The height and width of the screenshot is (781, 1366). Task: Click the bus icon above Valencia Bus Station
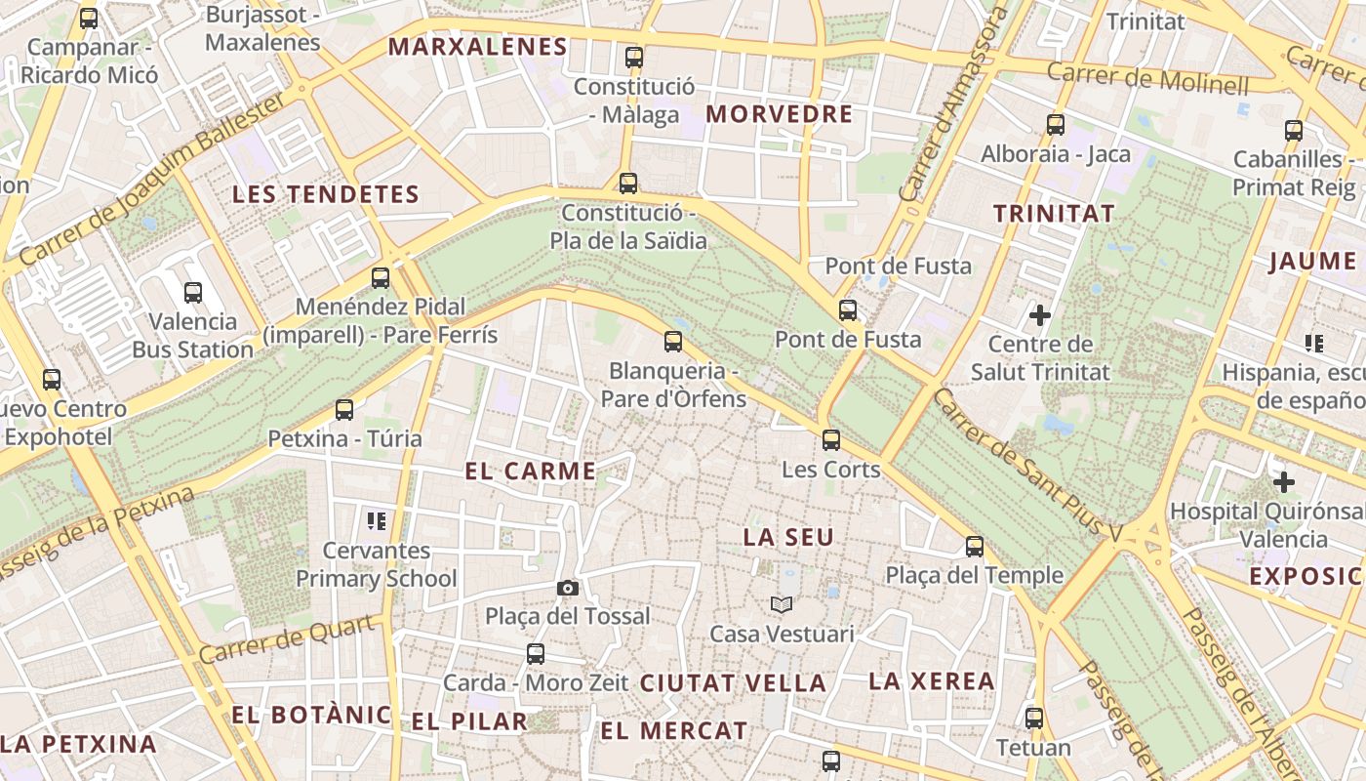[x=193, y=292]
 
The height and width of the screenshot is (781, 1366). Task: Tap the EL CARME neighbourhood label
[x=531, y=472]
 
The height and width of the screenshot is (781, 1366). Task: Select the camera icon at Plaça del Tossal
[x=567, y=588]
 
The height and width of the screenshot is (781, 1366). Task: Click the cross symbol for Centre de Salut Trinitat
[x=1040, y=315]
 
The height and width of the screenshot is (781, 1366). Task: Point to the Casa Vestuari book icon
[x=781, y=605]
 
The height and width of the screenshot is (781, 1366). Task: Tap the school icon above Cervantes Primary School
[x=377, y=521]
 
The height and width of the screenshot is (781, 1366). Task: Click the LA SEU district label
[x=788, y=537]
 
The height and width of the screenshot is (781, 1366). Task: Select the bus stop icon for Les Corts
[x=831, y=440]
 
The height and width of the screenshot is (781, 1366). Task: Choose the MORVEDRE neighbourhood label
[x=780, y=114]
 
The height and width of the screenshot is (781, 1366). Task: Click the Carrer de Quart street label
[x=288, y=640]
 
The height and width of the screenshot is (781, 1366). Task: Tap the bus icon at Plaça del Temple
[x=974, y=547]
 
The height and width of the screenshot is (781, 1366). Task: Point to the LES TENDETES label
[x=325, y=194]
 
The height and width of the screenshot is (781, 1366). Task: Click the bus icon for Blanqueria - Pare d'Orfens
[x=672, y=342]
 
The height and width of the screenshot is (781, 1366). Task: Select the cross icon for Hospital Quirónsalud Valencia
[x=1284, y=482]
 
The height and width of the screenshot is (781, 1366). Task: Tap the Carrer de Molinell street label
[x=1147, y=76]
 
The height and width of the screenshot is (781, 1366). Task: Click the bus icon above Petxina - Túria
[x=344, y=410]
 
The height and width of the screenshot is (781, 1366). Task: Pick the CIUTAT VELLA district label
[x=733, y=683]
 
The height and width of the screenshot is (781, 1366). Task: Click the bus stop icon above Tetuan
[x=1034, y=719]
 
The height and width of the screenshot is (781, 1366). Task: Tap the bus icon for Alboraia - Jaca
[x=1055, y=125]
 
